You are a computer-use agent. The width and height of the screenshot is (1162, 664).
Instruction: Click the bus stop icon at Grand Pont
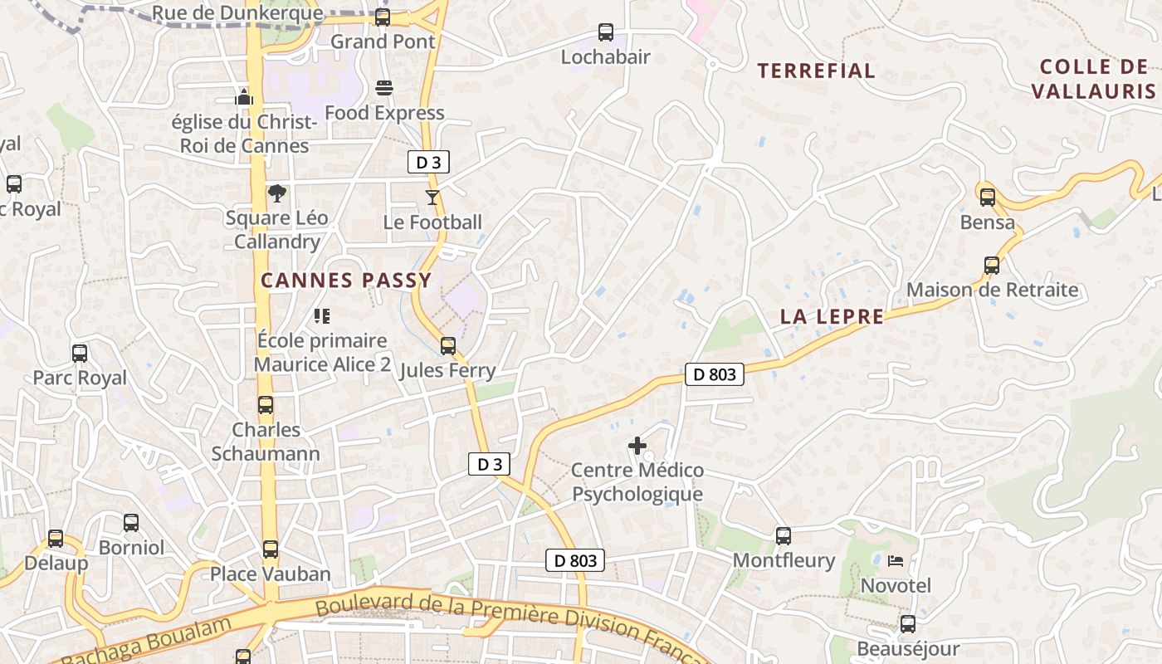(x=383, y=17)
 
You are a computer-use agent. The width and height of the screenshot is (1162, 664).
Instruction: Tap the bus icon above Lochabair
(x=606, y=32)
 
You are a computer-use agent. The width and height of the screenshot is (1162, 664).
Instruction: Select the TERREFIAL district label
(x=816, y=71)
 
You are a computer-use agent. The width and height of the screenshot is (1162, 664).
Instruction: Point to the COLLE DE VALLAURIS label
(x=1093, y=79)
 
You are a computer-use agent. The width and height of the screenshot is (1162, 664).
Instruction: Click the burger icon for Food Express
(x=383, y=87)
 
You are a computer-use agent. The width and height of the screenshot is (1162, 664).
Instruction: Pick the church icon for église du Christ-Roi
(x=243, y=96)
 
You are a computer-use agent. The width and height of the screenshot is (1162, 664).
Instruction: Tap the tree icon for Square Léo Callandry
(x=277, y=193)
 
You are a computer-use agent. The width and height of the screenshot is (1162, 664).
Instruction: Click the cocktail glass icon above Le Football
(x=432, y=198)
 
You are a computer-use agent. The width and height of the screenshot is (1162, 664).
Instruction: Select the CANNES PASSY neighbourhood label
(x=346, y=280)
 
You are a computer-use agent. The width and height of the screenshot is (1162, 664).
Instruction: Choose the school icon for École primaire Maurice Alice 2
(x=322, y=315)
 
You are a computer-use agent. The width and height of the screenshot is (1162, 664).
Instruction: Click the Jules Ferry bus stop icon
(x=448, y=345)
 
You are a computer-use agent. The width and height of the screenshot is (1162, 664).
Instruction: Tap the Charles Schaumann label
(x=266, y=442)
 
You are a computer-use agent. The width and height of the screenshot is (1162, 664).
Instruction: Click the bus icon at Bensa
(x=988, y=198)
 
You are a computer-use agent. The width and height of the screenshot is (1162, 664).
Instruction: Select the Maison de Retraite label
(x=993, y=290)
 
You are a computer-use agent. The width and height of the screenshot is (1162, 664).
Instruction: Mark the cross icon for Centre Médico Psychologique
(x=637, y=446)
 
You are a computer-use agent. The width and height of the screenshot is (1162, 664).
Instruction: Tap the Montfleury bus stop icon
(x=784, y=535)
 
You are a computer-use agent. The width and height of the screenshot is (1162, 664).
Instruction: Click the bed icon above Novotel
(x=896, y=561)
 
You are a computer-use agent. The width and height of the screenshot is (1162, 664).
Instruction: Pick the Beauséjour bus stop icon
(x=908, y=623)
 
